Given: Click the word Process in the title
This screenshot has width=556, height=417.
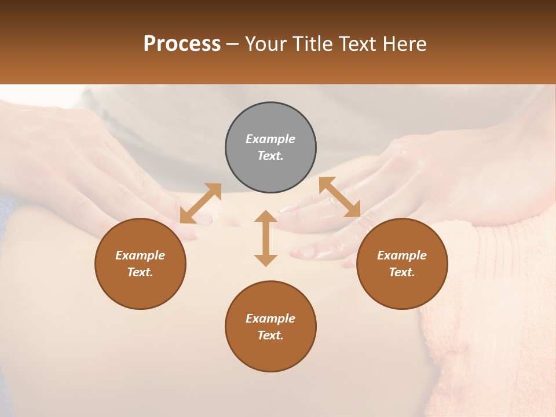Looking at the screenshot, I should click(182, 44).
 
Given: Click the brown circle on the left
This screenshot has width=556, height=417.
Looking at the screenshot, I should click(140, 264).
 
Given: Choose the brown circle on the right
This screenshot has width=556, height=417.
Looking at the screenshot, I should click(402, 264).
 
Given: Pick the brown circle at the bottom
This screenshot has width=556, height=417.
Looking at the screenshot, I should click(270, 327).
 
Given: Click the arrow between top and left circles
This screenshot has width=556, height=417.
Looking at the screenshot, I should click(200, 203).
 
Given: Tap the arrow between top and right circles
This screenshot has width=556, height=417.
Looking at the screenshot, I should click(340, 197).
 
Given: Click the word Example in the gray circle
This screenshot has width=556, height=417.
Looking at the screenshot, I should click(270, 139).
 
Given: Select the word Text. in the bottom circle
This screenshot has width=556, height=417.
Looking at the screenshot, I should click(270, 335).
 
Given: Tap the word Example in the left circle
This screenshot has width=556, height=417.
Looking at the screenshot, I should click(140, 255).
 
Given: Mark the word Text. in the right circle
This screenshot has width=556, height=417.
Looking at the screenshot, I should click(402, 272).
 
